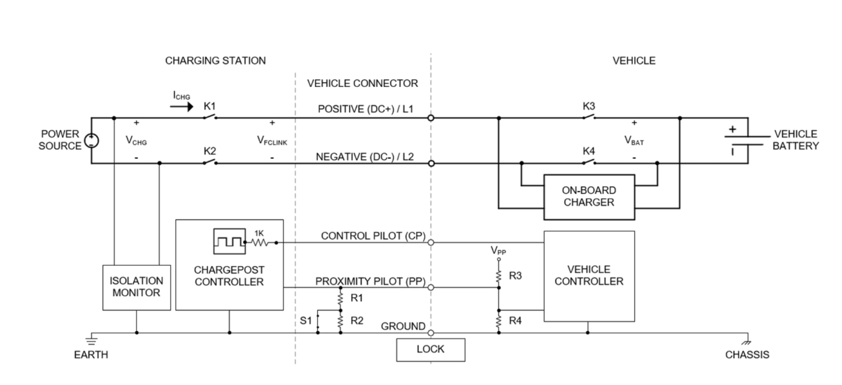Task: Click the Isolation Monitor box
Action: point(136,286)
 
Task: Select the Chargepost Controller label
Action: point(229,277)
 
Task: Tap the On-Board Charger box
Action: point(588,197)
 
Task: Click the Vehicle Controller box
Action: point(589,275)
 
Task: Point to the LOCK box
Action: point(430,349)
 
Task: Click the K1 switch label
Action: point(209,105)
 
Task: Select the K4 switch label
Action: point(589,151)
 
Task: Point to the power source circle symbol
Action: point(92,141)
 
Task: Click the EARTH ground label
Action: point(91,355)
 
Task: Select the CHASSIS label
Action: point(747,355)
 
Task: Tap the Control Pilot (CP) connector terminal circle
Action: point(431,242)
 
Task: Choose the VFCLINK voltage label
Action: point(272,141)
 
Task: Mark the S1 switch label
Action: point(306,320)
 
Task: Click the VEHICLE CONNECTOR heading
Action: point(362,84)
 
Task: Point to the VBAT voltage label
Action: point(634,140)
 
